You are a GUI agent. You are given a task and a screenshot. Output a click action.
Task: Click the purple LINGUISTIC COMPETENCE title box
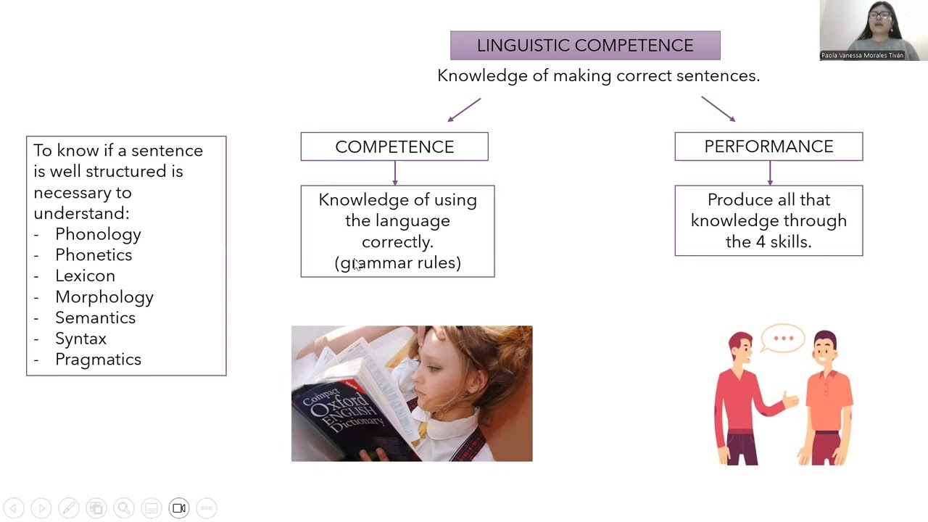click(x=585, y=45)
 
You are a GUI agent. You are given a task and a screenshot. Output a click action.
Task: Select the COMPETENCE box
click(x=394, y=146)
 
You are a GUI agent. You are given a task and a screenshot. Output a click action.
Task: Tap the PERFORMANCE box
click(x=768, y=146)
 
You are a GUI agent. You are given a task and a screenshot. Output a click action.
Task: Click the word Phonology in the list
click(x=98, y=234)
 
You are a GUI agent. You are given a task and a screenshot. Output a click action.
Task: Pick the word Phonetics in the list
click(x=94, y=255)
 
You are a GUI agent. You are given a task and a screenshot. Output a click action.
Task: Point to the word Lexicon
click(x=85, y=276)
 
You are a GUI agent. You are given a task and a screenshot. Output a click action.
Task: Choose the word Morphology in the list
click(x=104, y=297)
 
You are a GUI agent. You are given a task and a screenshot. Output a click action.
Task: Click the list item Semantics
click(x=95, y=318)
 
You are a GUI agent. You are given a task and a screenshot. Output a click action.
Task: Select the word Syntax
click(x=80, y=339)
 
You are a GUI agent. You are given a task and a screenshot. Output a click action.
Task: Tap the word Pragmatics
click(x=98, y=360)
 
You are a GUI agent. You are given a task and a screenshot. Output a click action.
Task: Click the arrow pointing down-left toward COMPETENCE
click(x=464, y=109)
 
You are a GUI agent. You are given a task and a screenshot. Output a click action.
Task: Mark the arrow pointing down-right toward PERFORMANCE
click(x=718, y=109)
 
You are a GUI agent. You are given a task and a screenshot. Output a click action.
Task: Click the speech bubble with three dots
click(x=783, y=339)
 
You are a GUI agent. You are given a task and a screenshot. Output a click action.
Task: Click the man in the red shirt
click(x=743, y=399)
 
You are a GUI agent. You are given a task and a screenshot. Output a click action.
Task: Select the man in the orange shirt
click(x=826, y=399)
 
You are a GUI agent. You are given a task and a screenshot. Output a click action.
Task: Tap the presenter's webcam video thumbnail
click(x=874, y=30)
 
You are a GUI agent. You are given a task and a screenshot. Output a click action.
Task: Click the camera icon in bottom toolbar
click(x=179, y=508)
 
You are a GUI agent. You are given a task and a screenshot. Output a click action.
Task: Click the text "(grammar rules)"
click(x=398, y=263)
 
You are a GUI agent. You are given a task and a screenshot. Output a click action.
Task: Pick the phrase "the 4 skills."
click(x=768, y=242)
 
